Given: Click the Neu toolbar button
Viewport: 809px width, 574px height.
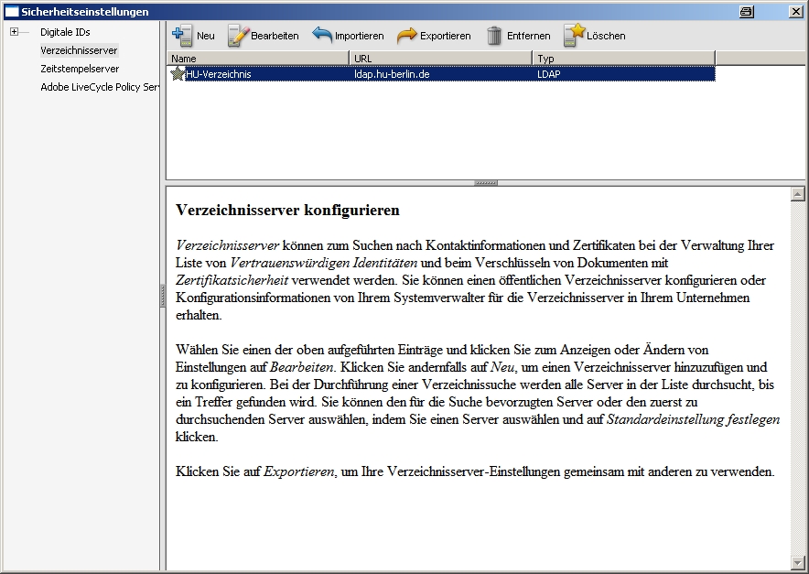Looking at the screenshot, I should pos(193,36).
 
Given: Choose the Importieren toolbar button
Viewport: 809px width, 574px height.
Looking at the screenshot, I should pos(348,36).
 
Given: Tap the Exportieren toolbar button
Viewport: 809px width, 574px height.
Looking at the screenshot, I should pos(434,36).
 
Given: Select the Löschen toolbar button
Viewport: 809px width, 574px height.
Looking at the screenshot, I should pos(594,36).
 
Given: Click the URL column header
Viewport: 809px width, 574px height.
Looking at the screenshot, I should pos(440,59).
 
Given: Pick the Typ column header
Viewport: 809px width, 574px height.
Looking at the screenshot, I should pos(622,59).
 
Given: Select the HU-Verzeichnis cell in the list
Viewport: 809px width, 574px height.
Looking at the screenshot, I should pos(219,74).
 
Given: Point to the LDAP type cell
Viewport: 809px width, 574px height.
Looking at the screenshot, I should pos(549,74).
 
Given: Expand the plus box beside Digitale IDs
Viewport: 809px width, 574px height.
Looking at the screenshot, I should pos(15,32).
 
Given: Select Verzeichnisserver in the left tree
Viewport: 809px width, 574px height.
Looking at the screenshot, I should pos(79,50).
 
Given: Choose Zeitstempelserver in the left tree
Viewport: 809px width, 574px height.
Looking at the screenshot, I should pos(80,69).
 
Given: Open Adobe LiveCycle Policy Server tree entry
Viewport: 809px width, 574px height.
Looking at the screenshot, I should pos(100,87).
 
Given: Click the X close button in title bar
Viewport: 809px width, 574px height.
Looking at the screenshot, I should pos(795,11).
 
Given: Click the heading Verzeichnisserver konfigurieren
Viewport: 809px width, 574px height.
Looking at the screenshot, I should pos(287,211).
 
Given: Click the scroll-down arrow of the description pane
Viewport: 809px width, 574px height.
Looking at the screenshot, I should pos(797,561).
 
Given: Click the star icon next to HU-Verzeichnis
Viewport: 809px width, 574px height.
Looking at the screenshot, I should pos(178,74).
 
